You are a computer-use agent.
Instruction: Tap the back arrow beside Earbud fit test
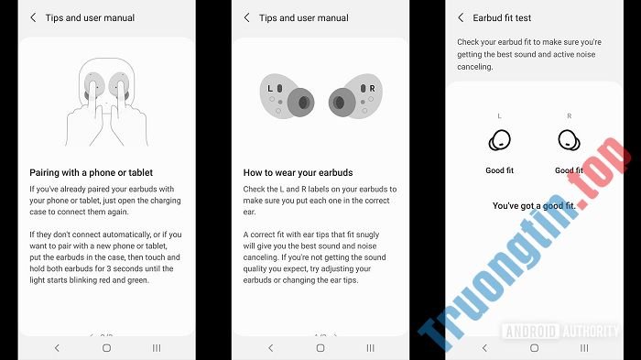pyautogui.click(x=461, y=17)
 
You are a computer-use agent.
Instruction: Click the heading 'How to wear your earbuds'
pyautogui.click(x=298, y=172)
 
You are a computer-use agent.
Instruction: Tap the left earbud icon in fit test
pyautogui.click(x=500, y=141)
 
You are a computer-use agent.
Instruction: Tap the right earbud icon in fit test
pyautogui.click(x=570, y=141)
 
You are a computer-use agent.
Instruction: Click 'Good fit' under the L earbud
pyautogui.click(x=500, y=170)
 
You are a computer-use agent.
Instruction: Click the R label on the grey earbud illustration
pyautogui.click(x=372, y=88)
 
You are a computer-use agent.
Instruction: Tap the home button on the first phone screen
pyautogui.click(x=106, y=348)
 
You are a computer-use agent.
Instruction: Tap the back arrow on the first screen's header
pyautogui.click(x=34, y=17)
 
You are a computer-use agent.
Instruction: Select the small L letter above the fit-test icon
pyautogui.click(x=500, y=117)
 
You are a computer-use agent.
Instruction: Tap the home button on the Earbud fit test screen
pyautogui.click(x=534, y=348)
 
